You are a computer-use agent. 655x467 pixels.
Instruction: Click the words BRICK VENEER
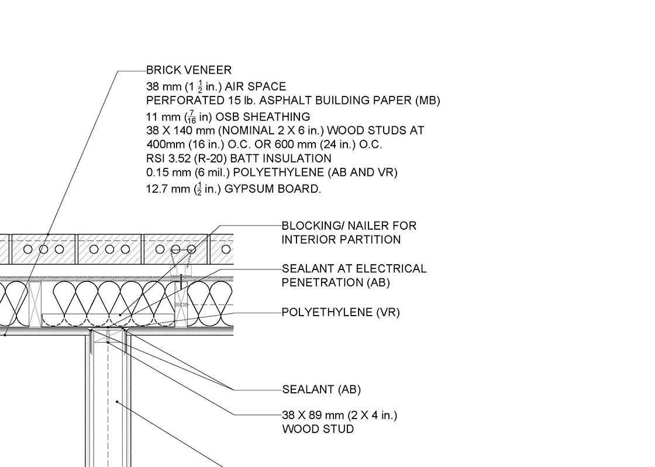(x=189, y=70)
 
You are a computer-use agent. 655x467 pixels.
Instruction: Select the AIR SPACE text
(x=258, y=87)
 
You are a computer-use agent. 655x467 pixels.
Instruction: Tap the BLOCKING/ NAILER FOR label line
(x=349, y=226)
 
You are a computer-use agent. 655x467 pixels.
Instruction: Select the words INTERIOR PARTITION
(x=341, y=240)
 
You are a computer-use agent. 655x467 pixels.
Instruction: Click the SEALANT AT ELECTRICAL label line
(x=354, y=269)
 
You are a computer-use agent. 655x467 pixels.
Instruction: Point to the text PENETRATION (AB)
(x=336, y=283)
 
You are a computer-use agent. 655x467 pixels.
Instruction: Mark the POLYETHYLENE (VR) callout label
(x=340, y=313)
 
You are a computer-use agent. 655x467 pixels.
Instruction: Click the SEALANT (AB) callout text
(x=322, y=390)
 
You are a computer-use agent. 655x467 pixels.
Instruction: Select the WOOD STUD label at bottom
(x=318, y=430)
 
